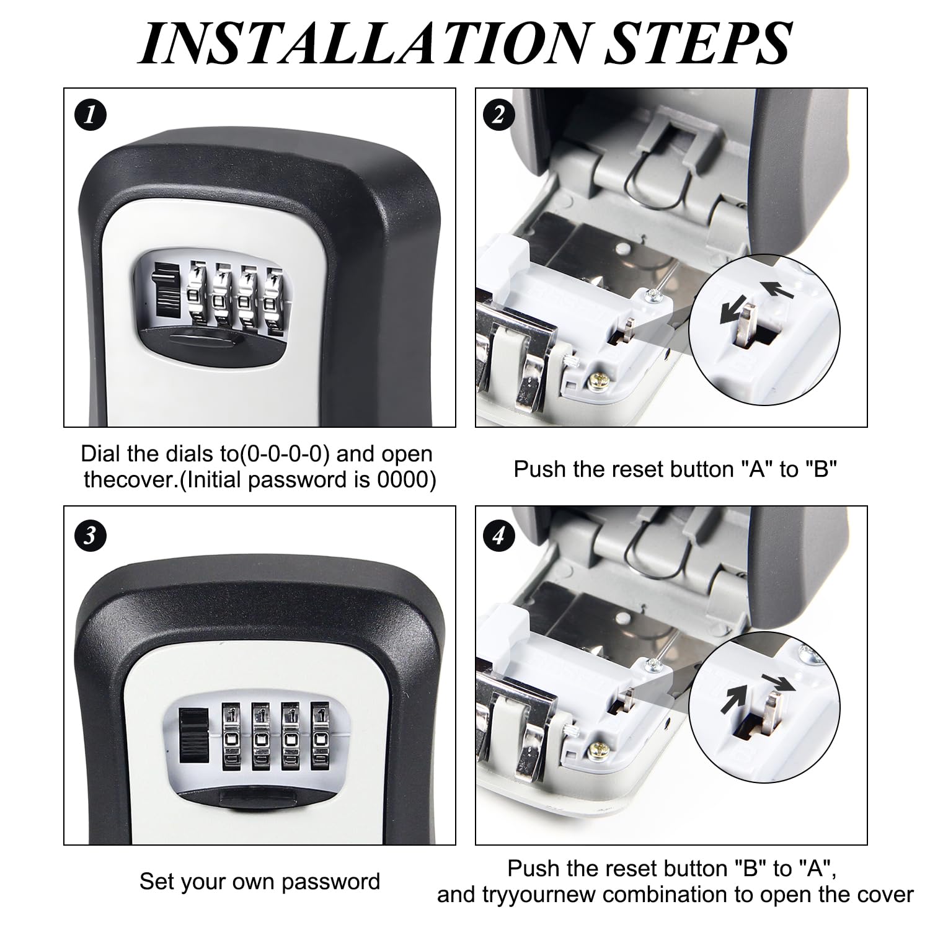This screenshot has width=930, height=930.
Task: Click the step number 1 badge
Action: (91, 116)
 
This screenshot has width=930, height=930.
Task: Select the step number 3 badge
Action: (91, 534)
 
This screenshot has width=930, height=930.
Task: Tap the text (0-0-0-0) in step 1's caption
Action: (285, 454)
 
